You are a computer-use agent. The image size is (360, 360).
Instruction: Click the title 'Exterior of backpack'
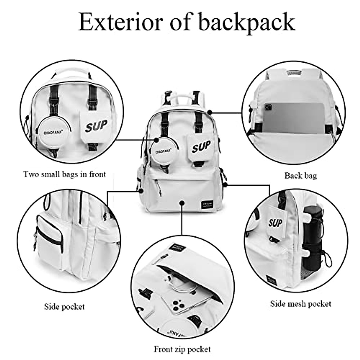click(x=187, y=22)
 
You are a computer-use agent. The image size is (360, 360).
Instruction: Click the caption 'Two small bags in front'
click(x=64, y=174)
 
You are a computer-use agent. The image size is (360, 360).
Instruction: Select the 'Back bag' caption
click(x=300, y=175)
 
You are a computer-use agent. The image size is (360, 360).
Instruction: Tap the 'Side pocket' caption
click(x=64, y=307)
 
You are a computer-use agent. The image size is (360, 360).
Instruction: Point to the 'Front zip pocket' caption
click(x=182, y=349)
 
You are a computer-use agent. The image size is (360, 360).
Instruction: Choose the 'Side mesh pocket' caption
click(x=301, y=304)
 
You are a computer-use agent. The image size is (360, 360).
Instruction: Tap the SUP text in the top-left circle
click(x=96, y=126)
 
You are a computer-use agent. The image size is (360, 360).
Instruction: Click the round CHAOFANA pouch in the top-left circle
click(x=54, y=132)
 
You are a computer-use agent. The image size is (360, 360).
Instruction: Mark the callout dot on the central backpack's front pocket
click(x=182, y=203)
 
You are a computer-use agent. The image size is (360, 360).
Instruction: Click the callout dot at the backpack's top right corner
click(x=210, y=112)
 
